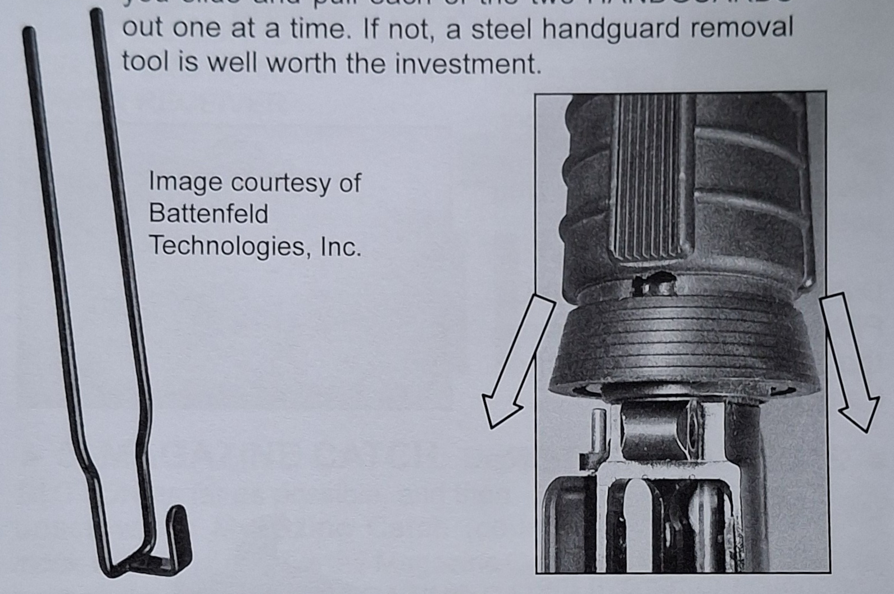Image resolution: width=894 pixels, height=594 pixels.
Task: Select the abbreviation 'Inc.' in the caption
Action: click(x=341, y=246)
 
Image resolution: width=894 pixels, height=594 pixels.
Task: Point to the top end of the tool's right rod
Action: click(x=97, y=13)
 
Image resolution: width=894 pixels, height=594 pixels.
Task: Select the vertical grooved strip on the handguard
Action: click(x=652, y=180)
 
